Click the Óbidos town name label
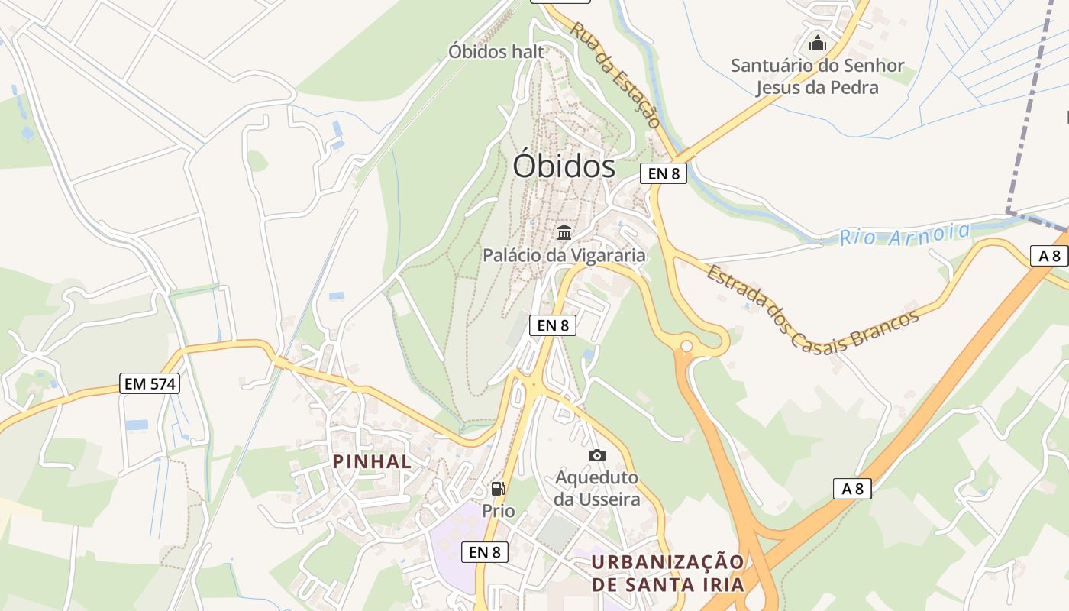(564, 166)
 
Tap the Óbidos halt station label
(496, 52)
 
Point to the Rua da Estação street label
(615, 74)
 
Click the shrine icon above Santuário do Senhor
(818, 43)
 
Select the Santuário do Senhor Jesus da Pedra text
(817, 76)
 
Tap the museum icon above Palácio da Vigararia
(564, 232)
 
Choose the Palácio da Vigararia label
(564, 255)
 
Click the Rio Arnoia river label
(905, 234)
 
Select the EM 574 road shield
(150, 383)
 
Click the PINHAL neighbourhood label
(372, 461)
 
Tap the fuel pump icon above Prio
(498, 489)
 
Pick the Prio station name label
(498, 510)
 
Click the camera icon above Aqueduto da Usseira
(597, 456)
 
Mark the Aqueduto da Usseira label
(597, 489)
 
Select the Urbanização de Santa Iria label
(667, 574)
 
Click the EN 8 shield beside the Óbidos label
(664, 173)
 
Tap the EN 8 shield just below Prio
(485, 551)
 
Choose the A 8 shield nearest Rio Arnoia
(1049, 256)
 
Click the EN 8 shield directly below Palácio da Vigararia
(553, 325)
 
